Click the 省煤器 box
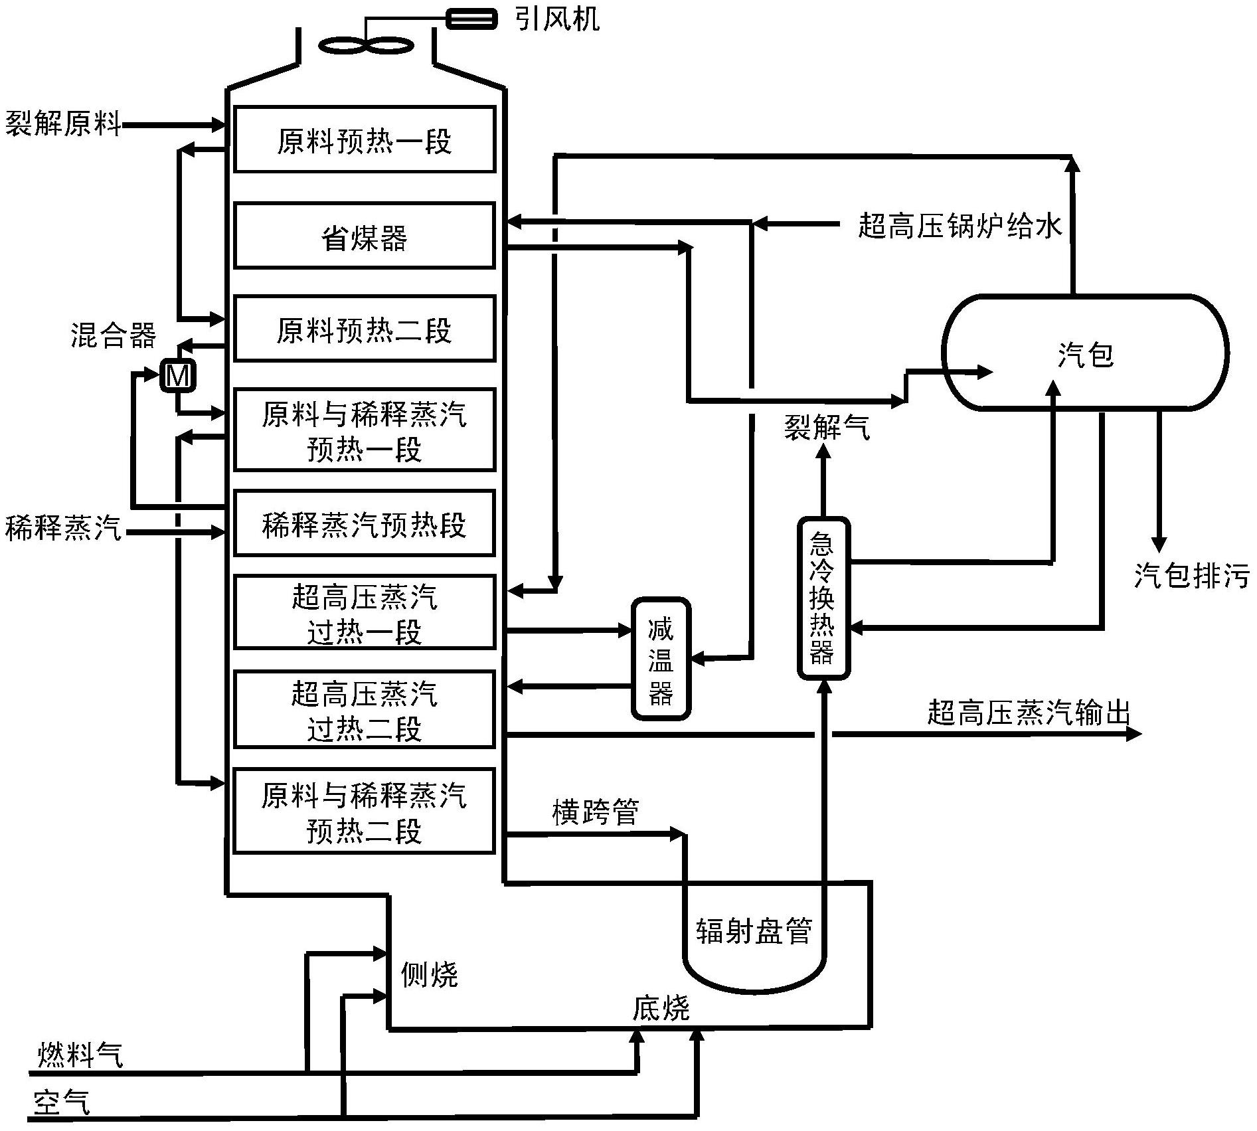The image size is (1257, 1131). tap(364, 236)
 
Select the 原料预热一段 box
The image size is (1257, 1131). tap(364, 139)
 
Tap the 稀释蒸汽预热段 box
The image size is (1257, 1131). tap(364, 523)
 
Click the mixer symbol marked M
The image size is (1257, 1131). tap(177, 376)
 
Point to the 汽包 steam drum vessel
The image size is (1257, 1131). tap(1084, 352)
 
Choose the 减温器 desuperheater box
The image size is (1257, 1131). tap(660, 659)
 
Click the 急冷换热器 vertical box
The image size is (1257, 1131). tap(823, 598)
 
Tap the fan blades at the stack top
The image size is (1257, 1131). tap(366, 45)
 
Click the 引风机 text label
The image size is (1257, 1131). tap(556, 19)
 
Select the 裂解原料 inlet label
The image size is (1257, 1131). tap(63, 124)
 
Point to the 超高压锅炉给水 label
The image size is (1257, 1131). tap(960, 225)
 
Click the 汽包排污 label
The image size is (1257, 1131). tap(1191, 575)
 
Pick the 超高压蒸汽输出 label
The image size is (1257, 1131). tap(1028, 713)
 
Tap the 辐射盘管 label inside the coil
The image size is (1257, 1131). tap(754, 931)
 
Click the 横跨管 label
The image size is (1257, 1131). tap(595, 812)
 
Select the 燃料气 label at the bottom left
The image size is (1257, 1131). tap(80, 1055)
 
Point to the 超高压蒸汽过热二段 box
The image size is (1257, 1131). tap(364, 709)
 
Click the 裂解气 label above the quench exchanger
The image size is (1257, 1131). tap(827, 427)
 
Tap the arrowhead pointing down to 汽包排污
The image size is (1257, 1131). tap(1159, 545)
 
